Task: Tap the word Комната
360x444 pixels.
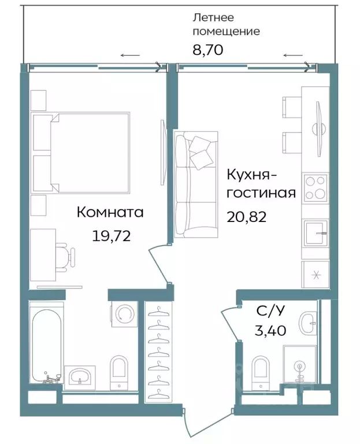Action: pos(110,213)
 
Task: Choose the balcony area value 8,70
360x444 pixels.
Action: pos(207,50)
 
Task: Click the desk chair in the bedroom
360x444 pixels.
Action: pos(66,255)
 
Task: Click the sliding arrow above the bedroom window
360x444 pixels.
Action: pos(130,55)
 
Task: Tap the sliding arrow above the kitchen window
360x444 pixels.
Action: pos(293,55)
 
